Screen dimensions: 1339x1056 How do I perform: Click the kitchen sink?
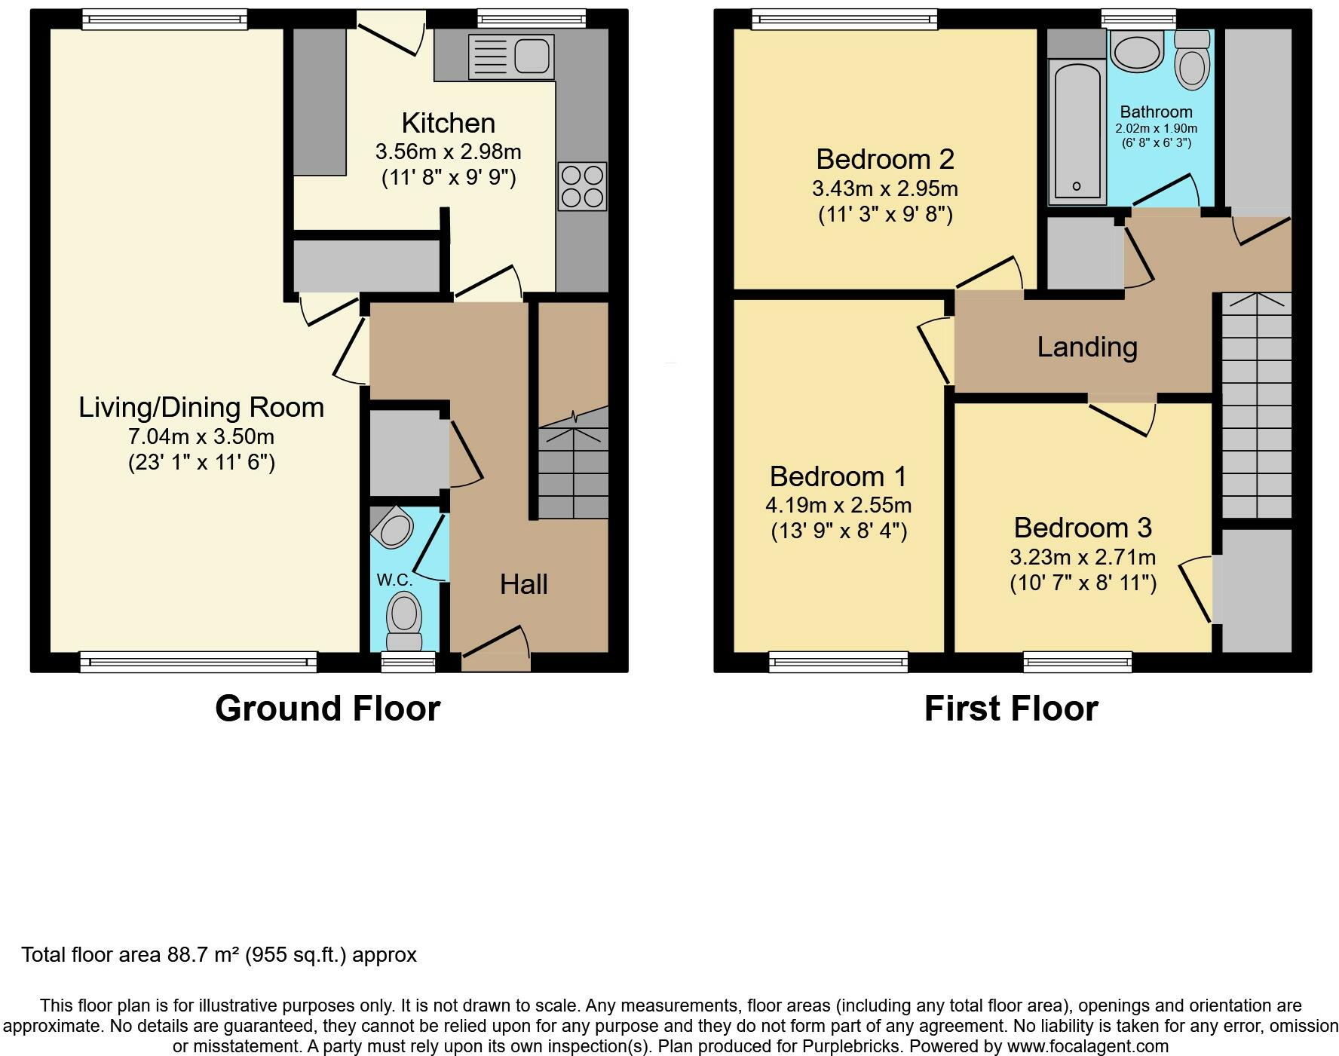point(511,57)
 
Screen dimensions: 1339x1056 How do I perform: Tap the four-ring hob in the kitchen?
point(582,186)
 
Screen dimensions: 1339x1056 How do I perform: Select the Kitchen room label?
point(449,123)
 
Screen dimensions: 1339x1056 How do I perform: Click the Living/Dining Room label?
point(201,408)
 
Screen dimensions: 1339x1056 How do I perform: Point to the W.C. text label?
point(394,580)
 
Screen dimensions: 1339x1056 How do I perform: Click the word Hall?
point(523,584)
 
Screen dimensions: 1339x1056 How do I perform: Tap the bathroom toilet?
point(1191,60)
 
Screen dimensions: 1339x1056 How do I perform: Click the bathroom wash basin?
point(1138,51)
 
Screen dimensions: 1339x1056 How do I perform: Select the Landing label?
point(1087,347)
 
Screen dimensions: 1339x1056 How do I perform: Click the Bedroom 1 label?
point(838,476)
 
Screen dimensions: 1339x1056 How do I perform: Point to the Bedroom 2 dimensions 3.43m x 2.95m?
point(885,188)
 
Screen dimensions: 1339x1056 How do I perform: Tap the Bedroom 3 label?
point(1083,528)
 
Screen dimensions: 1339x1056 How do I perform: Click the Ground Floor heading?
point(328,709)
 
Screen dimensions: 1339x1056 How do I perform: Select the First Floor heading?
point(1011,709)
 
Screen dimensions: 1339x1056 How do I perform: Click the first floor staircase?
point(1256,405)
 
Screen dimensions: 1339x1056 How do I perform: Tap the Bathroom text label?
point(1156,112)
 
